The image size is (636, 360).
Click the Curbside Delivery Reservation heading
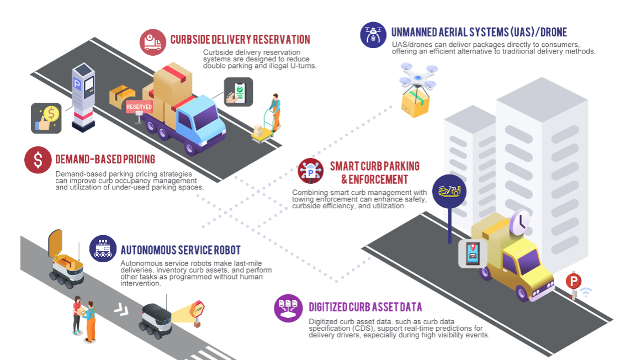240,40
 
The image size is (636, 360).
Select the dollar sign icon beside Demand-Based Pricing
38,160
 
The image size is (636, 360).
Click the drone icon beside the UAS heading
373,34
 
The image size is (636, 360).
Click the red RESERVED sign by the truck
139,107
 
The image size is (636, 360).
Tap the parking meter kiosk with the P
83,97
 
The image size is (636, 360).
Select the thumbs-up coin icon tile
46,118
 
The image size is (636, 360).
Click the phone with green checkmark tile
239,92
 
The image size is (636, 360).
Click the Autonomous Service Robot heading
181,250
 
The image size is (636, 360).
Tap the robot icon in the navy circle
103,249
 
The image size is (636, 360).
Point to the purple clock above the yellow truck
520,221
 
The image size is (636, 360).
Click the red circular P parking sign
573,282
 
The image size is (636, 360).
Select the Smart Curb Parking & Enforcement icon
310,171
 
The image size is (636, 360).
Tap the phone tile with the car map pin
473,254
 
